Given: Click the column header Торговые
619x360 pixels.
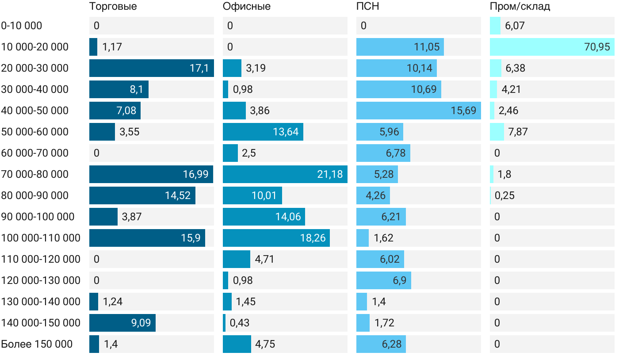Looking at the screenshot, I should (113, 6).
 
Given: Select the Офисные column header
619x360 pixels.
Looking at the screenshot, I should (247, 6).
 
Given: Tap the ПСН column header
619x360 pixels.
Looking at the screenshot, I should (368, 6).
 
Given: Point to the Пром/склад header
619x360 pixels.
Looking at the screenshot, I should (520, 6).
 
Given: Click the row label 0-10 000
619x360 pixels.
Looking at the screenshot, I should (22, 26).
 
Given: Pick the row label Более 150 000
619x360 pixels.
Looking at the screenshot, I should (37, 344).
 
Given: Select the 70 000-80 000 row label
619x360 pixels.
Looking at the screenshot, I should (35, 174).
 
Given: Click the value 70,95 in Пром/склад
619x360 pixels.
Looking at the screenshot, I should (597, 47).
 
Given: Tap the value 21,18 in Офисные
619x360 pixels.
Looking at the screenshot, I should (330, 174).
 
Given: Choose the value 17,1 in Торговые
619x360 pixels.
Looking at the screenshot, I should (199, 68).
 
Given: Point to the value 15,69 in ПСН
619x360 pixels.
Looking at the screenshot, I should (463, 111).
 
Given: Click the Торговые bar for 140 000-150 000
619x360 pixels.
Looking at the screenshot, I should (122, 323).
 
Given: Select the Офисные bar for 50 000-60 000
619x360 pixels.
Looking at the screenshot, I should (263, 132).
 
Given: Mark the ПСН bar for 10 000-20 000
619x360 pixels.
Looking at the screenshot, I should (400, 47).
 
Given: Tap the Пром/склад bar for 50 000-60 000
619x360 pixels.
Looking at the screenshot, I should (497, 132).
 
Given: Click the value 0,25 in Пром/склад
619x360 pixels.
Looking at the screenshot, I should (504, 195).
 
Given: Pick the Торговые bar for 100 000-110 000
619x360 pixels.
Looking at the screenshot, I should (147, 238).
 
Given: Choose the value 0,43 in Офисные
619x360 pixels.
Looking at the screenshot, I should (239, 323).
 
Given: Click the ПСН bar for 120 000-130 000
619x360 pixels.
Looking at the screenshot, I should (384, 280).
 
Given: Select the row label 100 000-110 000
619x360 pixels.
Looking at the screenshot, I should (41, 238).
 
